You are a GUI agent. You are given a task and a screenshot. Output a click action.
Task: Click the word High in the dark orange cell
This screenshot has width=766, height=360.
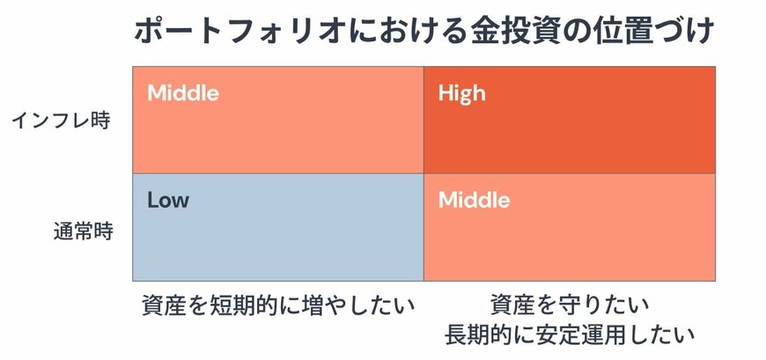(x=461, y=92)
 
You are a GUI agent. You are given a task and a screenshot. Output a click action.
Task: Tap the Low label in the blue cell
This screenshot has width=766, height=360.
(x=167, y=200)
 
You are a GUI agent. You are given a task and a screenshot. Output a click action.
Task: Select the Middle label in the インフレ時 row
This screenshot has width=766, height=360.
(x=183, y=92)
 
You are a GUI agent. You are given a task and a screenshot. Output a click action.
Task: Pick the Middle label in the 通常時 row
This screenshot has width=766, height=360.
(x=474, y=200)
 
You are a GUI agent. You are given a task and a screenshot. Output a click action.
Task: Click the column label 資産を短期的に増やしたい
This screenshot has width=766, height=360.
(x=277, y=305)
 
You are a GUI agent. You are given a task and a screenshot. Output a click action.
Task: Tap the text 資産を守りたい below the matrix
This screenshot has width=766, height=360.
(x=570, y=305)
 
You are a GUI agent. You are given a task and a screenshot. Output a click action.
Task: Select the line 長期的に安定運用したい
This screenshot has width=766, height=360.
(x=570, y=335)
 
